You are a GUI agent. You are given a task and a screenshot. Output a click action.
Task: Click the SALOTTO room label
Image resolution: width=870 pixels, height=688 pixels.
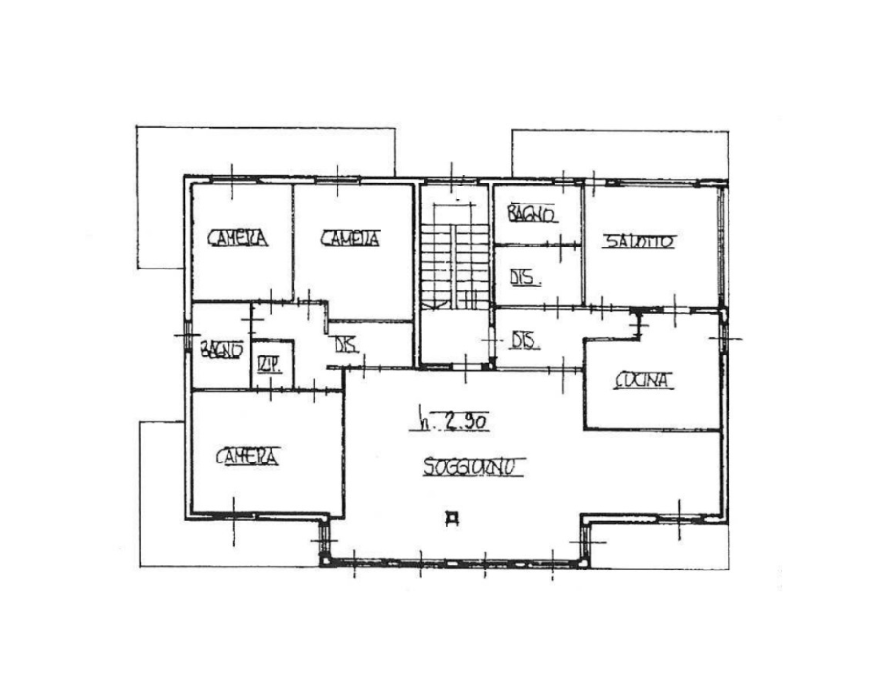pyautogui.click(x=639, y=243)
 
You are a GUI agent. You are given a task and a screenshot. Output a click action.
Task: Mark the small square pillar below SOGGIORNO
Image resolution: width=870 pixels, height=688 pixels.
pyautogui.click(x=451, y=519)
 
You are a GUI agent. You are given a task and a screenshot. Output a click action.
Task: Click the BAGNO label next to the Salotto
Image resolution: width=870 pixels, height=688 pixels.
pyautogui.click(x=532, y=215)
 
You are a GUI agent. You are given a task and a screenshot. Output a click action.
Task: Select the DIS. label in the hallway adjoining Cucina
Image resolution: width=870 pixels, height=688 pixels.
pyautogui.click(x=522, y=341)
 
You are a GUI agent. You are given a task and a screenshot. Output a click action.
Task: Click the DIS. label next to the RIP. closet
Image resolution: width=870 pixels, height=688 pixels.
pyautogui.click(x=344, y=346)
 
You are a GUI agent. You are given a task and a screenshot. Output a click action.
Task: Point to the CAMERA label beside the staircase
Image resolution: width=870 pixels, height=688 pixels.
pyautogui.click(x=350, y=239)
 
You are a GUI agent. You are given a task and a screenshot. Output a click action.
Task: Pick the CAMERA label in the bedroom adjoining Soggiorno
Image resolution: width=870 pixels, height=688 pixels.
pyautogui.click(x=247, y=458)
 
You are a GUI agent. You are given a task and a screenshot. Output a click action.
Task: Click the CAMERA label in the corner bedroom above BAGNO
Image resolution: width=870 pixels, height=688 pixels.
pyautogui.click(x=238, y=238)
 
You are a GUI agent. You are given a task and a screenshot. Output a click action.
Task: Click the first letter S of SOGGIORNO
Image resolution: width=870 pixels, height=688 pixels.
pyautogui.click(x=427, y=468)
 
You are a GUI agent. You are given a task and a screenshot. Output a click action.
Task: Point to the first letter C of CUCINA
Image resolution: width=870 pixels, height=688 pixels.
pyautogui.click(x=620, y=381)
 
